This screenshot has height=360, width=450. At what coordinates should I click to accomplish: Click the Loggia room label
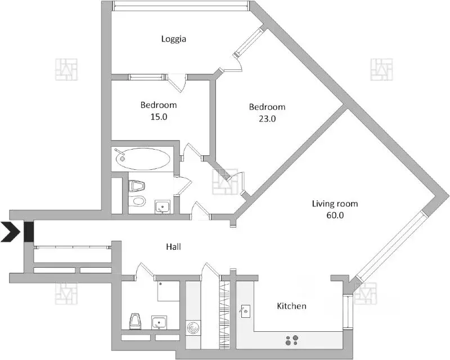tap(173, 39)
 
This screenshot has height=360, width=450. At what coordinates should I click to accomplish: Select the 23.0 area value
tap(267, 119)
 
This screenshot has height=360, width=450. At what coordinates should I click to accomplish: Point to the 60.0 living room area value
tap(335, 215)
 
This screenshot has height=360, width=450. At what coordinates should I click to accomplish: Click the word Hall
tap(173, 246)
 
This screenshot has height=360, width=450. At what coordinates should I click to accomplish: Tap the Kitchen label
tap(291, 306)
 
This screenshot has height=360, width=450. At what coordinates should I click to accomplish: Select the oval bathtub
tap(145, 159)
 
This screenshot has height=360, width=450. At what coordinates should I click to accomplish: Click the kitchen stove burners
tap(292, 340)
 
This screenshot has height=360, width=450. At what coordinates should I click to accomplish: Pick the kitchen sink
tap(245, 310)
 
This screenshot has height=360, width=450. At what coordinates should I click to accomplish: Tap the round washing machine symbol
tap(193, 327)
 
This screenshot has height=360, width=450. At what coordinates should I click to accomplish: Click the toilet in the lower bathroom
tap(135, 321)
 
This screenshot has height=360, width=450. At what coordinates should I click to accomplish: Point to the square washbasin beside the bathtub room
tap(163, 207)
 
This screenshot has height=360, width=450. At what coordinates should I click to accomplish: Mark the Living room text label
tap(335, 204)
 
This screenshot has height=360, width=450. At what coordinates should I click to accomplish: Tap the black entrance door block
tap(29, 231)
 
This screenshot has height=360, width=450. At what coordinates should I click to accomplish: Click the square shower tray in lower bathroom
tap(168, 291)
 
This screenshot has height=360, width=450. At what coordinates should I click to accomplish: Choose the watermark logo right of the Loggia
tap(382, 69)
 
